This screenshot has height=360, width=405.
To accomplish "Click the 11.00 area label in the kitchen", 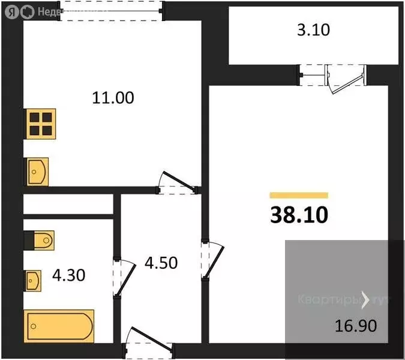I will tap(113, 97).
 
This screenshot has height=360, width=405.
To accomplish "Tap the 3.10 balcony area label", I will tap(314, 29).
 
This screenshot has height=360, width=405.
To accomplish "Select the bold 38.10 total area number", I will tap(299, 214).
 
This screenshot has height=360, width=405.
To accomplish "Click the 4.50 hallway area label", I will tap(161, 263).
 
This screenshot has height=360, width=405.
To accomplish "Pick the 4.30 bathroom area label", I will tap(68, 275).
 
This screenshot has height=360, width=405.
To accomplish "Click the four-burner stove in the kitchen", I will tap(40, 124).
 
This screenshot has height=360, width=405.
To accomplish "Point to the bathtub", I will tap(59, 326).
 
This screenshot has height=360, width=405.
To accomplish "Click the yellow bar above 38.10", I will tap(299, 195).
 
